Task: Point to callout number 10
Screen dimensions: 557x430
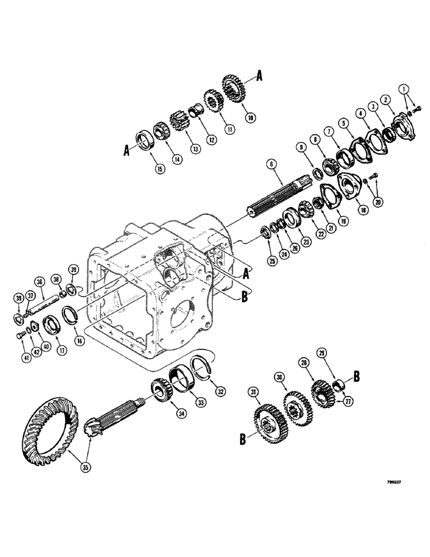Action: click(249, 117)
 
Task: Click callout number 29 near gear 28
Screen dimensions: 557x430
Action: click(322, 353)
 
